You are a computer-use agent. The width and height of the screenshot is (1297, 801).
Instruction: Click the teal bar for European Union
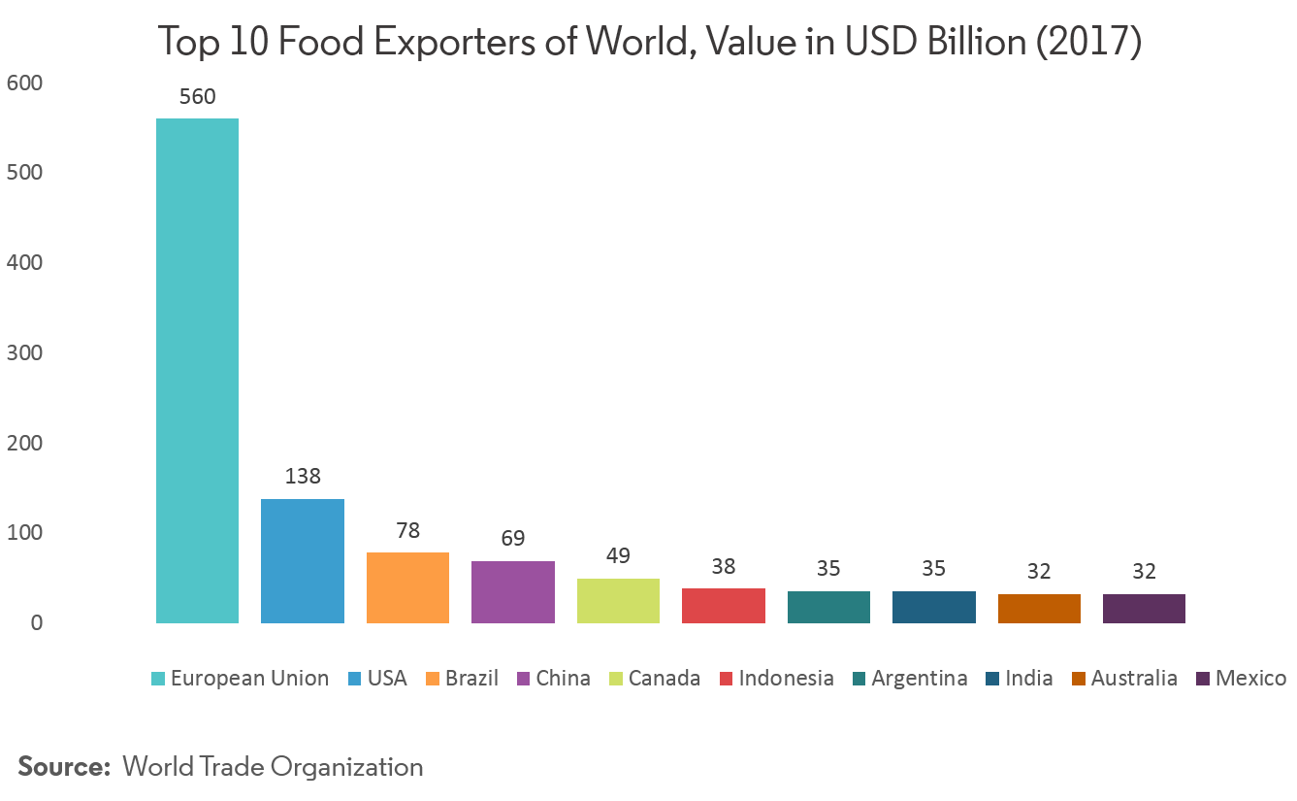click(197, 370)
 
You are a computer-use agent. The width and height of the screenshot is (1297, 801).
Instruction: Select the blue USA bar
click(303, 560)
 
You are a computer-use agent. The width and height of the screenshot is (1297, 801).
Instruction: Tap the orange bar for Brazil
click(407, 587)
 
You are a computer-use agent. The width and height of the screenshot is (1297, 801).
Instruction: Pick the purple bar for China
click(513, 591)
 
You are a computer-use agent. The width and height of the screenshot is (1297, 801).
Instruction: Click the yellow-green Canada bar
click(618, 600)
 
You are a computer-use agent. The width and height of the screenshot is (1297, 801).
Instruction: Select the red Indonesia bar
click(724, 605)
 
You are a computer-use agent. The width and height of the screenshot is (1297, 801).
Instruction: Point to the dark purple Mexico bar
click(1144, 608)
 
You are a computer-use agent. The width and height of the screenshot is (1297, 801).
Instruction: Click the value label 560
click(197, 97)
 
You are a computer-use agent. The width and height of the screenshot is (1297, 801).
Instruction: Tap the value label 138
click(303, 477)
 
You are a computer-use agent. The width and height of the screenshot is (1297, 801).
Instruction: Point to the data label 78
click(407, 531)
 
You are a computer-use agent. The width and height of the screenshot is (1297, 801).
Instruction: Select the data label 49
click(618, 556)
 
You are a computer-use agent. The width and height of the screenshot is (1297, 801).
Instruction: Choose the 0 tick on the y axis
click(36, 622)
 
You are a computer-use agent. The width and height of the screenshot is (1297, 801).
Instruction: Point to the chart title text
click(649, 42)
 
